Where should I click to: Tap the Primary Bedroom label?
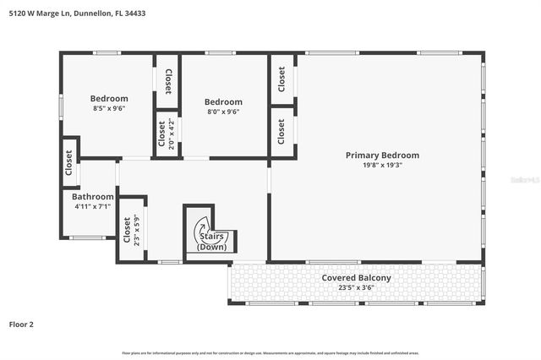click(x=382, y=155)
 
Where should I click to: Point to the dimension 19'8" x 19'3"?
click(x=382, y=166)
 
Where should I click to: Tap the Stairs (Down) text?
click(x=210, y=242)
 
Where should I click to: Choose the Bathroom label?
click(x=93, y=196)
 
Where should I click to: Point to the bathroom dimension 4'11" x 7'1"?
click(x=93, y=206)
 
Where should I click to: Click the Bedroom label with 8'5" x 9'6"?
click(x=110, y=98)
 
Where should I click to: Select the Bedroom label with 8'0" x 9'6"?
click(x=223, y=101)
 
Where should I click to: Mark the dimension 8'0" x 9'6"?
click(x=223, y=112)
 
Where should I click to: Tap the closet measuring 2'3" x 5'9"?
click(x=128, y=230)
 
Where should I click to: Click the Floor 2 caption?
click(x=22, y=324)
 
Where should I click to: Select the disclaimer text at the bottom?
click(x=270, y=352)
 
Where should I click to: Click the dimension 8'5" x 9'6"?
click(x=110, y=108)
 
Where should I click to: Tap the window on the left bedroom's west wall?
click(x=60, y=105)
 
